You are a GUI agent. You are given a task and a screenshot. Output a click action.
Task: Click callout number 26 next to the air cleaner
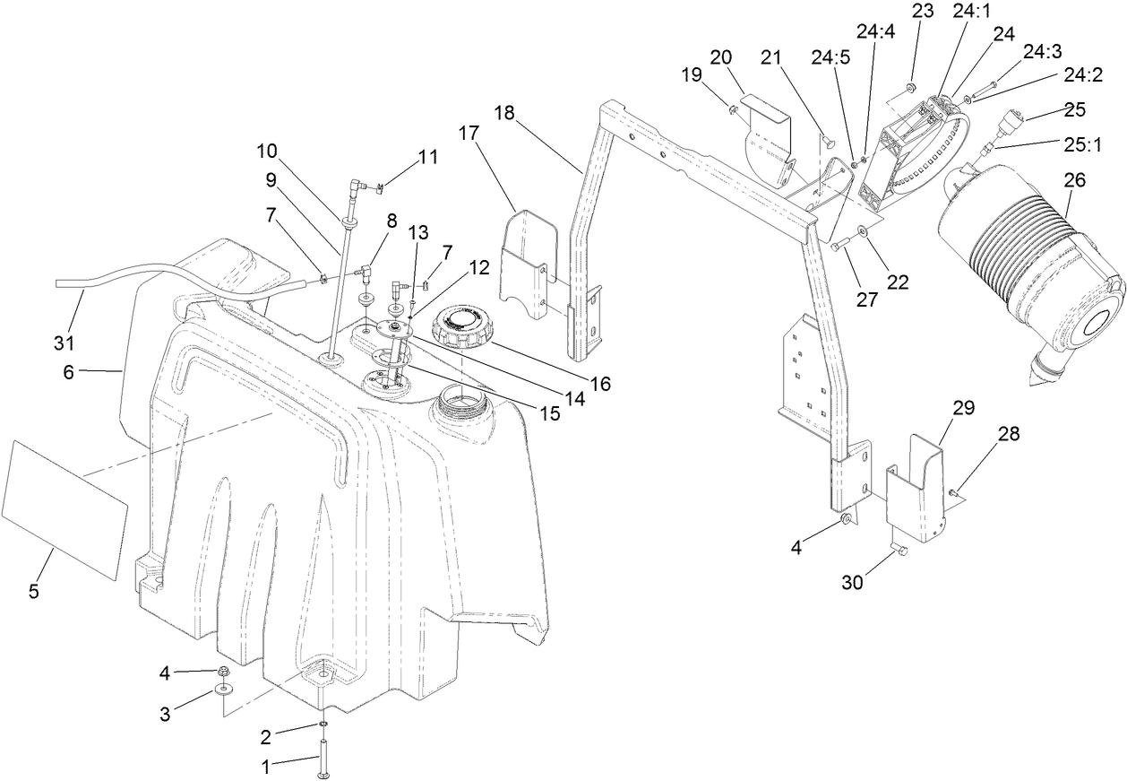coord(1074,180)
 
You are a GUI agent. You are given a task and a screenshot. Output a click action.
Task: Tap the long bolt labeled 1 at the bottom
coord(322,754)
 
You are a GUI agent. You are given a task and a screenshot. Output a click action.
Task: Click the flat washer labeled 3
coord(220,691)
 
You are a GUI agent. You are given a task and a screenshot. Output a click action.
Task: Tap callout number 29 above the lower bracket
coord(963,408)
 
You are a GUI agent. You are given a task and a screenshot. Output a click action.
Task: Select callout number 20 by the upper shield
coord(721,56)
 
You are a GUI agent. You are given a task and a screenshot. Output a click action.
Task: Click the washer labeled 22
coord(862,232)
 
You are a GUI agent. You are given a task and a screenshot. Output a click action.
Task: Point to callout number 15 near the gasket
coord(551,413)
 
